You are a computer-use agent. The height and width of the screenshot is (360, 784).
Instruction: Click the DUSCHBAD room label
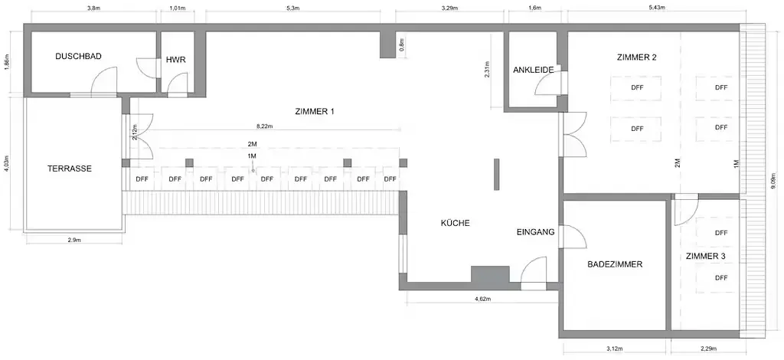click(79, 57)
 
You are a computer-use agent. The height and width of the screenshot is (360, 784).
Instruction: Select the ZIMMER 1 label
click(314, 112)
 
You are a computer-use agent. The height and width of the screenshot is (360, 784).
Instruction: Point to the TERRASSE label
click(70, 169)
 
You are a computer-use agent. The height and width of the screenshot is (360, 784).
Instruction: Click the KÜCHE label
click(455, 223)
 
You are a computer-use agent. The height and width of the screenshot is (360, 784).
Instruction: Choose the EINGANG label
click(535, 231)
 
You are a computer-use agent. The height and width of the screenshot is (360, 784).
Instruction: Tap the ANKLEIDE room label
click(534, 70)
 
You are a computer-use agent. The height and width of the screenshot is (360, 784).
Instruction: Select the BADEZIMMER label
click(615, 264)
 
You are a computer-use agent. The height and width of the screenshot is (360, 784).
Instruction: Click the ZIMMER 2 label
click(636, 57)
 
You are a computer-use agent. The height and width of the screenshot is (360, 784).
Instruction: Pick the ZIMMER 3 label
click(705, 256)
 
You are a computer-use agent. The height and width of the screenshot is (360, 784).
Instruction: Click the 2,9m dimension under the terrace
click(74, 241)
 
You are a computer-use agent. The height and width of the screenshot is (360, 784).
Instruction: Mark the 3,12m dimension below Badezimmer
click(614, 349)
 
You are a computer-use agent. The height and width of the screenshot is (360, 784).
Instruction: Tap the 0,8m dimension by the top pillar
click(402, 46)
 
